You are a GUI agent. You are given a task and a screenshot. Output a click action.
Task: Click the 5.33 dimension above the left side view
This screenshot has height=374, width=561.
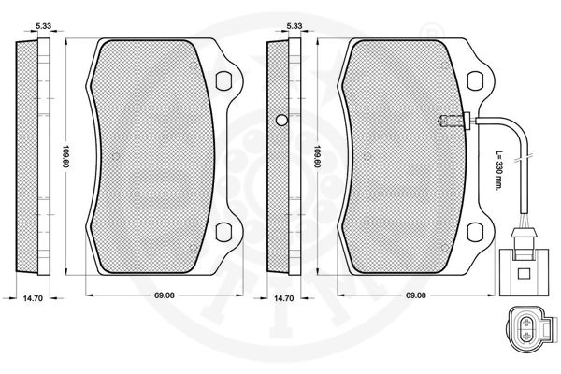pyautogui.click(x=44, y=26)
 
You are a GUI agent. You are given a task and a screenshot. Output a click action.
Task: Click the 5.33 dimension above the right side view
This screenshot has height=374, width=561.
pyautogui.click(x=295, y=26)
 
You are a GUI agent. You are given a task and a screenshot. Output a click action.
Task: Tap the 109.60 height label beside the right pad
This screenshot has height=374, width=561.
pyautogui.click(x=317, y=156)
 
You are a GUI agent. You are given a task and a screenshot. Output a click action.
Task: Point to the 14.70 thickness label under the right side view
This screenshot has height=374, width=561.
pyautogui.click(x=283, y=298)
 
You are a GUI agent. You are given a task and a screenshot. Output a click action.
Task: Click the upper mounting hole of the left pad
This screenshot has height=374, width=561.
pyautogui.click(x=223, y=81)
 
